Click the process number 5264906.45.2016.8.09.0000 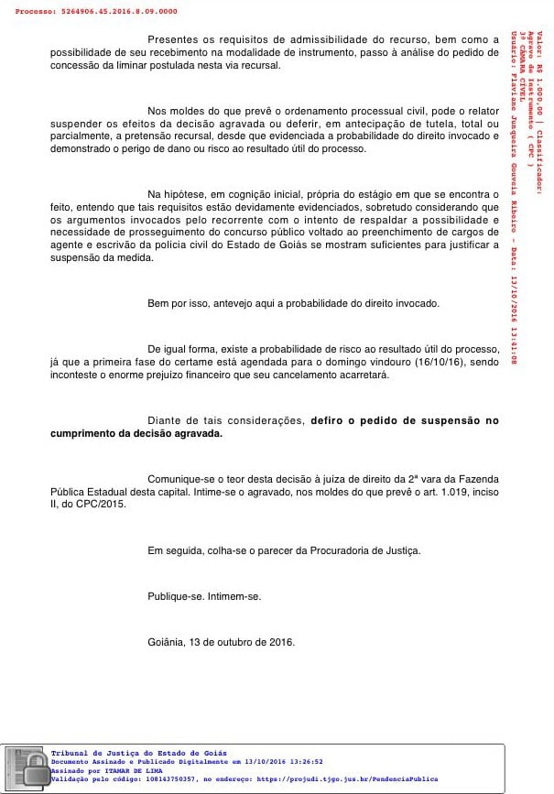[120, 12]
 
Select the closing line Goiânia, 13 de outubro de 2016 [221, 642]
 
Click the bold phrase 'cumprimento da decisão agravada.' [136, 433]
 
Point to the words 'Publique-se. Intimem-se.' [204, 596]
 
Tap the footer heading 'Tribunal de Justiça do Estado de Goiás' [139, 752]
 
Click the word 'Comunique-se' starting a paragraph [179, 479]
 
